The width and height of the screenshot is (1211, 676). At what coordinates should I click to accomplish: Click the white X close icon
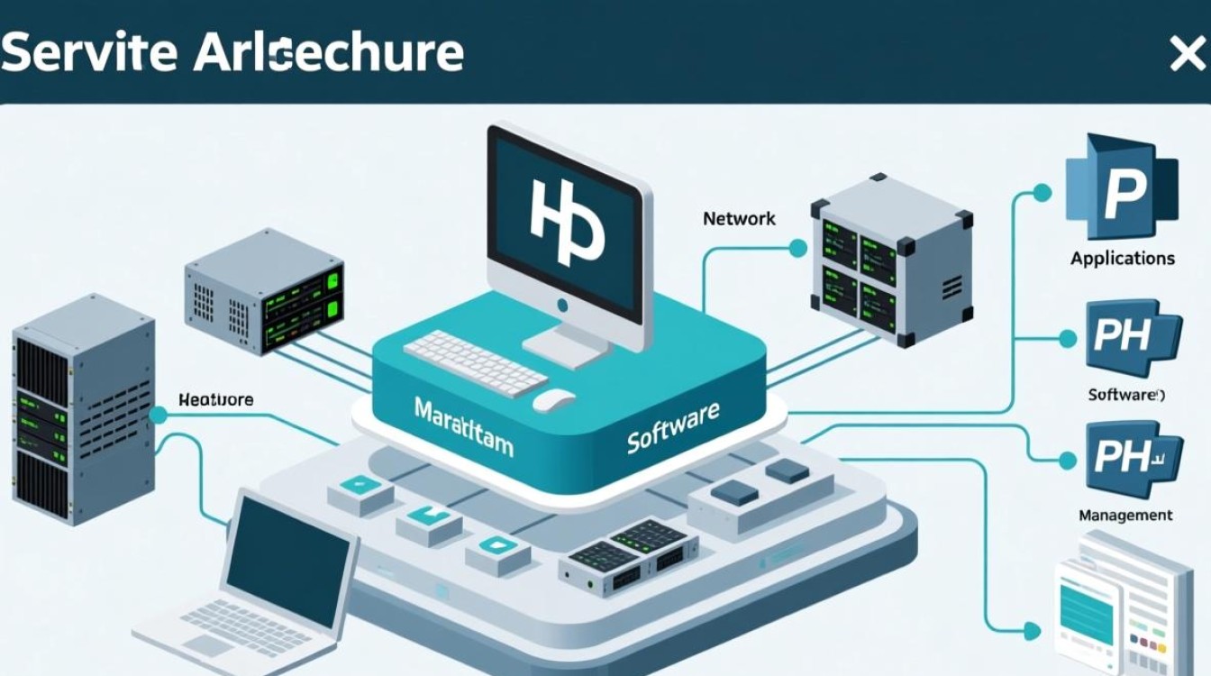coord(1186,55)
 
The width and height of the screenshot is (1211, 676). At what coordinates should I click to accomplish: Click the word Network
coord(739,218)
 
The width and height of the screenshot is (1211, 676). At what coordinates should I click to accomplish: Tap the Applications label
coord(1122,259)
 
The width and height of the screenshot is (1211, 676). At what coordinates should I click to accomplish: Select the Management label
coord(1125,516)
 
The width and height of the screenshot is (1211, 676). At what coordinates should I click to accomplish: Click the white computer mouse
coord(553,400)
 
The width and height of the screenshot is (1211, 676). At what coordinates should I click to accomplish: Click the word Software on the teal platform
coord(672,427)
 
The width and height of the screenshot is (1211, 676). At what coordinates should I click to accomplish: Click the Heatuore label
coord(215,399)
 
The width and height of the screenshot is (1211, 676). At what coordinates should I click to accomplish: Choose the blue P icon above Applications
coord(1120,187)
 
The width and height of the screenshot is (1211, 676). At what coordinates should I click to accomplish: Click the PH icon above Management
coord(1131,457)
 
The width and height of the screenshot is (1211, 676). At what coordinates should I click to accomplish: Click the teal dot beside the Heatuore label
coord(159,415)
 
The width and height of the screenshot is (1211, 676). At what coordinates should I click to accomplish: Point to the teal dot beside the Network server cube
coord(797,247)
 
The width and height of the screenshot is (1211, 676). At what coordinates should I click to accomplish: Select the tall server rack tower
coord(81,410)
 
